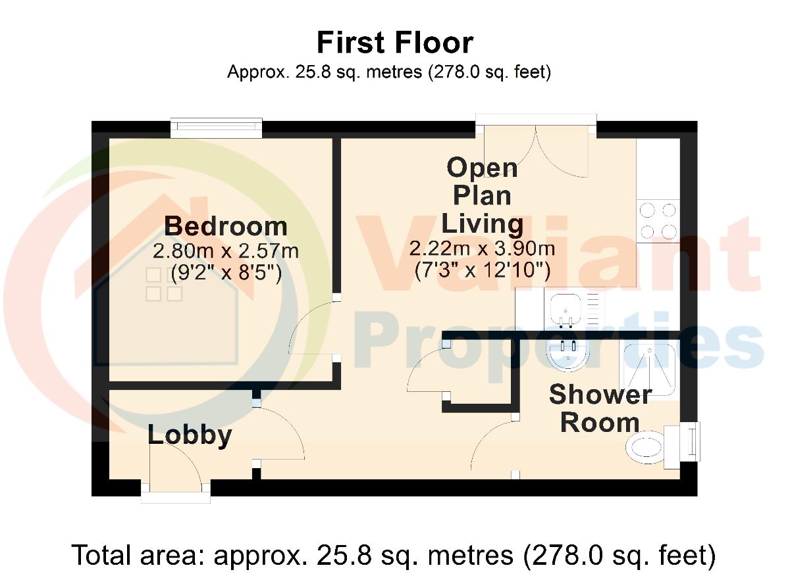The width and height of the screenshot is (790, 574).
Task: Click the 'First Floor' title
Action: click(x=395, y=43)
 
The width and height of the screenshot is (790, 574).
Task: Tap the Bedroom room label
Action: click(x=226, y=226)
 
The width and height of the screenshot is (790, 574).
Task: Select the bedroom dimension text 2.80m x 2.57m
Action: click(x=226, y=251)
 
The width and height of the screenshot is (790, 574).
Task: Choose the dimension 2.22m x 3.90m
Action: click(x=482, y=249)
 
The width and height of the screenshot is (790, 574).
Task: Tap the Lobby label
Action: click(x=190, y=436)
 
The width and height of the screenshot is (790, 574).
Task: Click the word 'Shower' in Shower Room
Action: click(x=600, y=395)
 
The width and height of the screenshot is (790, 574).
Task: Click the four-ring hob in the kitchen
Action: click(x=658, y=221)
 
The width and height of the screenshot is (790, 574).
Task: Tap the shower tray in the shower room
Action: click(x=650, y=369)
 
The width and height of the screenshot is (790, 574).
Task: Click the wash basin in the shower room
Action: click(x=567, y=355)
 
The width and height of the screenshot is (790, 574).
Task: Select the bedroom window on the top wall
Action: click(x=216, y=128)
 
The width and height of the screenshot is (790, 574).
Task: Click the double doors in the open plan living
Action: click(x=536, y=151)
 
